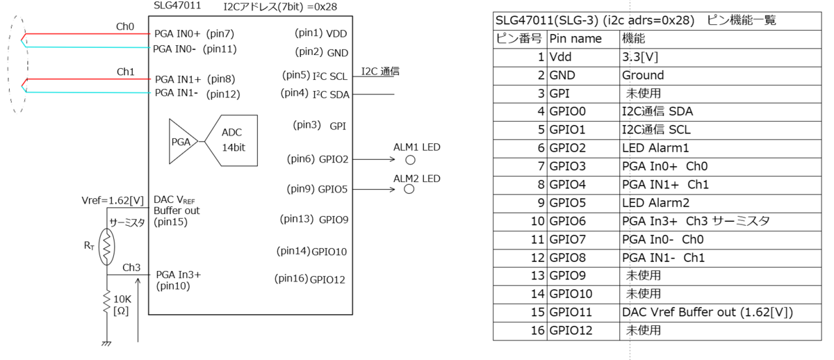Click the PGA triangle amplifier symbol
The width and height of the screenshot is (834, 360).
(182, 142)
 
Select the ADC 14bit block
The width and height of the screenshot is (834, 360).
(231, 140)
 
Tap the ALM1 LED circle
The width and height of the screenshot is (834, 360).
(410, 160)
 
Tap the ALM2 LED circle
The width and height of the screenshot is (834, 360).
(409, 189)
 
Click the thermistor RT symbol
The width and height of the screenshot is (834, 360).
(106, 247)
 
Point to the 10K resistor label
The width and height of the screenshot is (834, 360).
(122, 305)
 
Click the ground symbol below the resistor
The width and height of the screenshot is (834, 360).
(106, 343)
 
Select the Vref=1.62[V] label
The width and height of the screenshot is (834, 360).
(113, 201)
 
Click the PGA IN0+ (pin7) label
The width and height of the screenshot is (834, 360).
(194, 34)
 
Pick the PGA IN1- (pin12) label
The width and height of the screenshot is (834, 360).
(197, 93)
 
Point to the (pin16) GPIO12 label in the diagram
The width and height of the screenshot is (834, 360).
(310, 279)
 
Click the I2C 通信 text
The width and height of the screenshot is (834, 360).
(380, 71)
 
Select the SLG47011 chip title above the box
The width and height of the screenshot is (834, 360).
(177, 6)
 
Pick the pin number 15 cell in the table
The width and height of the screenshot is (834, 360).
(520, 313)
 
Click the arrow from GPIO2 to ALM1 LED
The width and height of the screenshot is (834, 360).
(374, 159)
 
